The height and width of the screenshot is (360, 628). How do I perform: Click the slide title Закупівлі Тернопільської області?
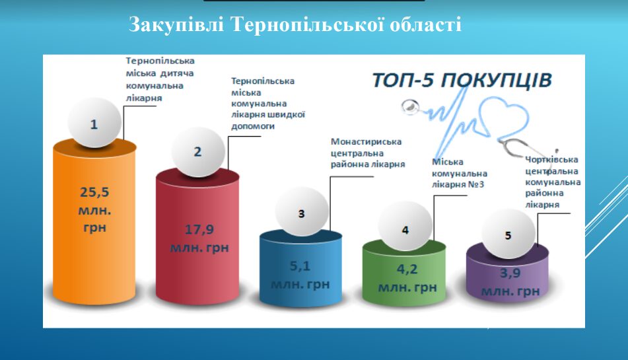coord(295,24)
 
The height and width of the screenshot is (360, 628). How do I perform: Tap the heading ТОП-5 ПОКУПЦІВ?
coord(462,80)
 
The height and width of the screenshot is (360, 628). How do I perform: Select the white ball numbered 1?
coord(94,123)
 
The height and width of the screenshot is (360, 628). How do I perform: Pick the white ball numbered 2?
coord(198,152)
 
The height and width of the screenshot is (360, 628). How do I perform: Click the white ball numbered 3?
coord(302,211)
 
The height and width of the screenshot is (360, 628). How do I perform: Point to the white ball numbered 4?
coord(405,227)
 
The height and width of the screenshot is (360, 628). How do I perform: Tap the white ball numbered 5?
coord(508,234)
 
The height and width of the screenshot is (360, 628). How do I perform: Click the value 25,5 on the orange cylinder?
coord(94,192)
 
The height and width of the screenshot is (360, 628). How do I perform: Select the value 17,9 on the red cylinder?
coord(199,229)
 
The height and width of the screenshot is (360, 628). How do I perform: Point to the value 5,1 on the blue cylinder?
coord(300,266)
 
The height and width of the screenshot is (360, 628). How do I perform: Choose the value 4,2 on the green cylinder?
coord(407,269)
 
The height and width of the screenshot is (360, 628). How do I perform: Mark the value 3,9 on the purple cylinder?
coord(510,273)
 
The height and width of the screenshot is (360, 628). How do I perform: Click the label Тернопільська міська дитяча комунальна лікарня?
coord(160,79)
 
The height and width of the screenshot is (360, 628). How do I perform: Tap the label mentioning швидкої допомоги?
coord(268,103)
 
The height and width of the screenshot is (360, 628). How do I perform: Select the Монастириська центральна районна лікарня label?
coord(368,153)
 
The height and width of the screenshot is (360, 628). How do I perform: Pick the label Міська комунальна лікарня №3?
coord(460,173)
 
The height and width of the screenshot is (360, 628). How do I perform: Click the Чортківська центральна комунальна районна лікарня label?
coord(553,182)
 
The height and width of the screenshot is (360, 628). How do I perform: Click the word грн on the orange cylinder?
coord(94,227)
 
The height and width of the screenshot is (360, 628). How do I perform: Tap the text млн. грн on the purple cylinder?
coord(510,291)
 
